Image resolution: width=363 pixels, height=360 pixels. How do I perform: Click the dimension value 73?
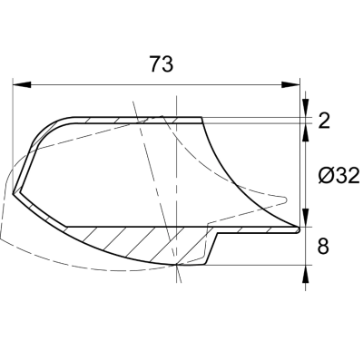pos(162,65)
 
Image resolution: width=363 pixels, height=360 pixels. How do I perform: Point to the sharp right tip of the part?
pos(298,229)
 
